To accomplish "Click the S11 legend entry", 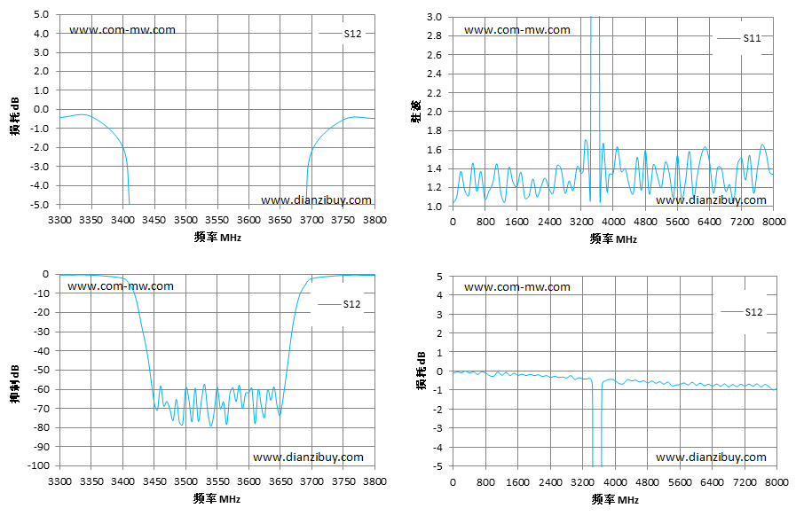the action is point(739,38).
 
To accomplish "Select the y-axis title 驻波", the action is point(416,112).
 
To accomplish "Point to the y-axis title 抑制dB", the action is point(15,384).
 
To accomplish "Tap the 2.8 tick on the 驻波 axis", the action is point(434,35).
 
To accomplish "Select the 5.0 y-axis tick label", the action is point(42,14).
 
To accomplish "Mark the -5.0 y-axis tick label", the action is point(40,205).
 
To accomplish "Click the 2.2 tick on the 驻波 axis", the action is point(434,93).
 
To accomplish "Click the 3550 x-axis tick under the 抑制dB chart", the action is point(217,481).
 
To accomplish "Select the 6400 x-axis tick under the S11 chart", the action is point(709,222).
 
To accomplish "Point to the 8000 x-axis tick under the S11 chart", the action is point(774,222).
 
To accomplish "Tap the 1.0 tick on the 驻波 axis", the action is point(434,207).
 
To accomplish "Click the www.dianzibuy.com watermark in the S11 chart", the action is point(711,199).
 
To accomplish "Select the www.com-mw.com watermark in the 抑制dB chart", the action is point(121,286).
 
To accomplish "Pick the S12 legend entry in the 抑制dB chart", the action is point(339,304).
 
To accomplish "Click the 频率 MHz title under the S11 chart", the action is point(613,238).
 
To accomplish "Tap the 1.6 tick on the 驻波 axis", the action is point(434,150).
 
